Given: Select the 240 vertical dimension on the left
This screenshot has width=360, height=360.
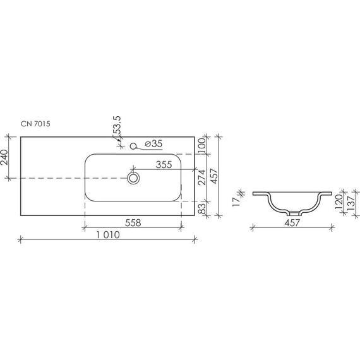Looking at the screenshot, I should pyautogui.click(x=6, y=157).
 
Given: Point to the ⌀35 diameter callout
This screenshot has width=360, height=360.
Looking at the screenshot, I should pyautogui.click(x=153, y=145).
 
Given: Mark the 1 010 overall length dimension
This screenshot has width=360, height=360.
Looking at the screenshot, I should pyautogui.click(x=108, y=236).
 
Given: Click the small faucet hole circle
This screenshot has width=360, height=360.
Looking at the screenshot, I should pyautogui.click(x=133, y=147).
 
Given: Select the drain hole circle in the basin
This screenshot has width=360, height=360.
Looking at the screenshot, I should pyautogui.click(x=133, y=178).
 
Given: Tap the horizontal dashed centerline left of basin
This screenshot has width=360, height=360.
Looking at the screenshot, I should pyautogui.click(x=51, y=178).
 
